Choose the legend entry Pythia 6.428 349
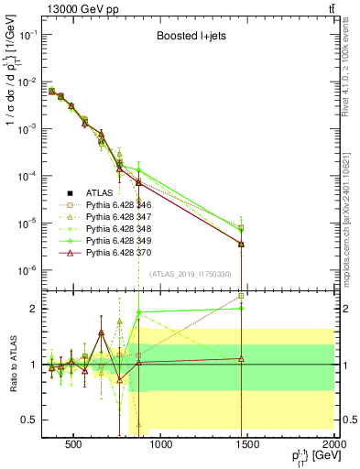(x=121, y=240)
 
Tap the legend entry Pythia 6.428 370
(x=121, y=252)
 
